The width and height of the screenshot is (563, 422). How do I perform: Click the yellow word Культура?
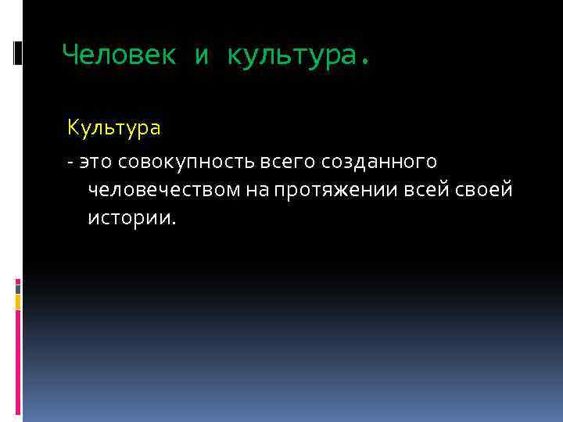[114, 127]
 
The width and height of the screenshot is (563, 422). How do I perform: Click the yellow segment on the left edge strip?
[18, 302]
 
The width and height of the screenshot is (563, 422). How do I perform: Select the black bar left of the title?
[18, 52]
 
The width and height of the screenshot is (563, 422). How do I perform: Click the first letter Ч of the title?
[69, 54]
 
